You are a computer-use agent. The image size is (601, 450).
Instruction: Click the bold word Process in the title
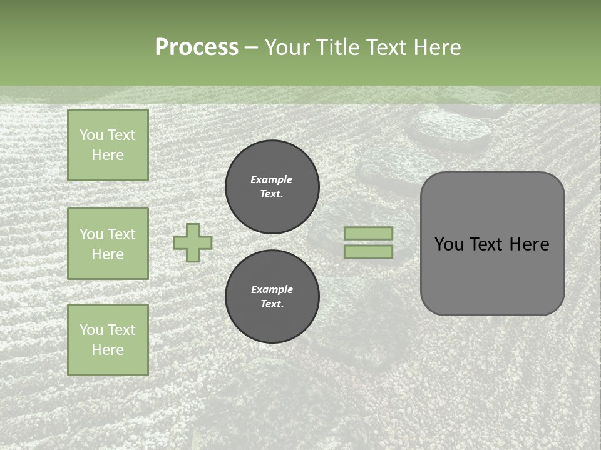tap(197, 47)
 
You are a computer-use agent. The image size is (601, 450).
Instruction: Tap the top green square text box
tap(108, 145)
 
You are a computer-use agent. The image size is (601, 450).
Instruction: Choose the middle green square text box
tap(108, 244)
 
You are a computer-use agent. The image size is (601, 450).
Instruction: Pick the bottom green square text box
tap(108, 340)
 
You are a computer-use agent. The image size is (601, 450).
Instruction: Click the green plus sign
tap(193, 242)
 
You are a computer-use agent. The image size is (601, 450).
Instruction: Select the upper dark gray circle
tap(272, 186)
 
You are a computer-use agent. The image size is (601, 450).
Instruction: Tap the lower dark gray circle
tap(272, 297)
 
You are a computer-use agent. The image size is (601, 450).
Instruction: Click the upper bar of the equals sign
tap(369, 233)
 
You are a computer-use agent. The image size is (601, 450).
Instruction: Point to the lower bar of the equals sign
tap(369, 251)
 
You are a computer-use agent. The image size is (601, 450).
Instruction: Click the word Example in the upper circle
tap(272, 179)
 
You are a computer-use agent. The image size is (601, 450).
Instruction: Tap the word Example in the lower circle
tap(272, 289)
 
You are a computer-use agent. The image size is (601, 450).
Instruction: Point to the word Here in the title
tap(438, 47)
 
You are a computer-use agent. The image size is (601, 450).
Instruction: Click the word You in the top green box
tap(91, 135)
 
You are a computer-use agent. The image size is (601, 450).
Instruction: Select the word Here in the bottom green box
tap(108, 350)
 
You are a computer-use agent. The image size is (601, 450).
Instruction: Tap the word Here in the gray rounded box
tap(529, 244)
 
